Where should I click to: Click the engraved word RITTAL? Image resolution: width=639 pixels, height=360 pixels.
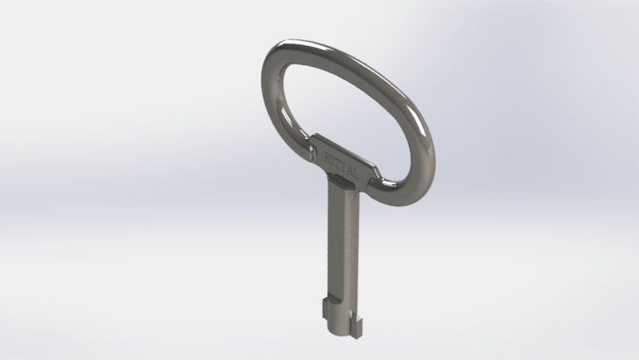point(341,165)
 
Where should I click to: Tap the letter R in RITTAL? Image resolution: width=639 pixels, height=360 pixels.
point(328,156)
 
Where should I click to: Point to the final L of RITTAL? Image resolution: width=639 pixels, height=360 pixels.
point(356,175)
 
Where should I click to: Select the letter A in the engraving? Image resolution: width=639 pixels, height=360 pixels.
point(350,171)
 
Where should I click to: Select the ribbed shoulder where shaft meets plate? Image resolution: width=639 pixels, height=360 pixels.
point(341,178)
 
